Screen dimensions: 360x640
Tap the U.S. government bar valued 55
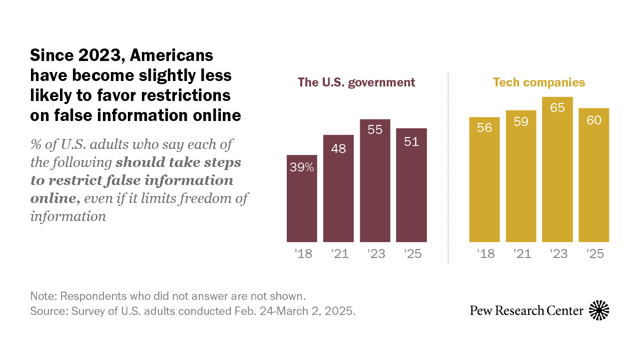(375, 180)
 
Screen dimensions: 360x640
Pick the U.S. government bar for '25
(411, 185)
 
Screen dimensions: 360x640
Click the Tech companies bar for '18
(484, 179)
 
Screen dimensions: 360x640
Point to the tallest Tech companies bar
(557, 169)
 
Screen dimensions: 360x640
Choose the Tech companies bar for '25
(594, 175)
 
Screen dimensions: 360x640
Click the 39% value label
(302, 168)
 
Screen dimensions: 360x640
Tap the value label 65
(557, 108)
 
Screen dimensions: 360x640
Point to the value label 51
(411, 142)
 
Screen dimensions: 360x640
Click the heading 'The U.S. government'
(356, 82)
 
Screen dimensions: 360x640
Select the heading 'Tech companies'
(539, 82)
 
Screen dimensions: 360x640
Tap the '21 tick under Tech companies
(522, 254)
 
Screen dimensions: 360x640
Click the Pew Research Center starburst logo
(599, 310)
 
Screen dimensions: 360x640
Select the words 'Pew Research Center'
(526, 311)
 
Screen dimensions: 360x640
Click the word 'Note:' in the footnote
(43, 295)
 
